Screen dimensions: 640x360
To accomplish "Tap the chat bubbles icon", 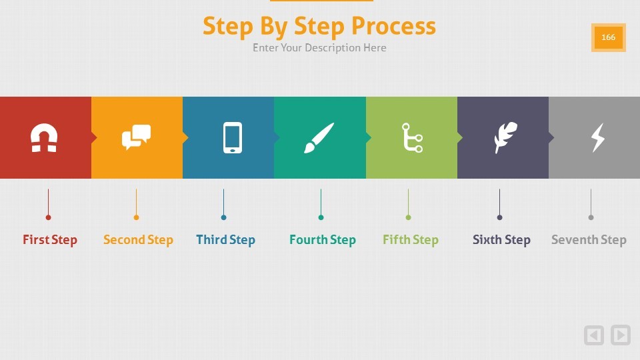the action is point(136,137).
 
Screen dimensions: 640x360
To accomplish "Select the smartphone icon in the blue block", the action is point(232,137).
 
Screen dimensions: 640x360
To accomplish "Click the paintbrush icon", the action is point(319,138).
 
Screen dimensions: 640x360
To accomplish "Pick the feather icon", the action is point(505,137).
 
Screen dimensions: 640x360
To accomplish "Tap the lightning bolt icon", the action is point(598,138).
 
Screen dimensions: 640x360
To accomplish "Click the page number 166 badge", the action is point(608,37).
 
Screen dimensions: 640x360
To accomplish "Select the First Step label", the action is point(50,239).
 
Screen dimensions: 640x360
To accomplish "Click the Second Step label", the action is point(138,239).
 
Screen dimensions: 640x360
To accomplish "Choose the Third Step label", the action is point(226,239).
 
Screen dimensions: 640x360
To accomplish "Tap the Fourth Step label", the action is point(323,239).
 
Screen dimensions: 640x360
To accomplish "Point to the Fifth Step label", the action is point(411,239).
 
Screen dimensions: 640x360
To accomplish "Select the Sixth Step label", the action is point(501,239).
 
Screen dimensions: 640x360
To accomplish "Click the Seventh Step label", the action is point(589,239).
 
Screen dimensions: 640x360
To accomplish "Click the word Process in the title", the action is point(393,26).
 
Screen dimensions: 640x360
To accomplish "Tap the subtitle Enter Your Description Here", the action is point(319,48).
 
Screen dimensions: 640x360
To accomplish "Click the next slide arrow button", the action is point(621,335).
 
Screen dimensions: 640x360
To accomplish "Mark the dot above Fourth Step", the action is point(321,217).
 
